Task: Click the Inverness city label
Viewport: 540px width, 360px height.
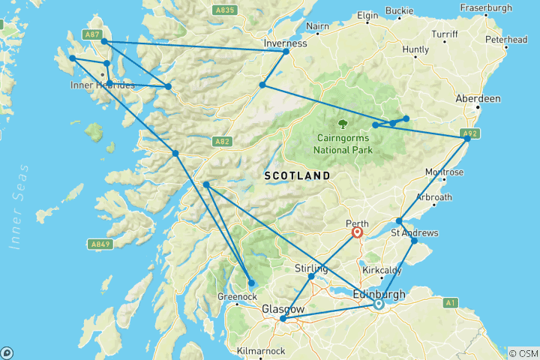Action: [x=286, y=43]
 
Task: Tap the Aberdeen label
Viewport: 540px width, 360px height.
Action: [x=478, y=99]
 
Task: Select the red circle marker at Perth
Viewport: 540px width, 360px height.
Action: [x=358, y=232]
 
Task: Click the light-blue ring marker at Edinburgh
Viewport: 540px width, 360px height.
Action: [x=379, y=304]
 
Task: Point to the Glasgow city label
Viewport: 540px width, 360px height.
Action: [x=283, y=309]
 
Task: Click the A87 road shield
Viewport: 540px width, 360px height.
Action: [x=91, y=34]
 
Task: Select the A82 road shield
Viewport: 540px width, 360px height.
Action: [x=221, y=140]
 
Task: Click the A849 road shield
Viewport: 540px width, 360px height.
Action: [x=101, y=244]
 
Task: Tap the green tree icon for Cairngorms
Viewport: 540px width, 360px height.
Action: [x=343, y=124]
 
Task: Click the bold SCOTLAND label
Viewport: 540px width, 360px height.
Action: [x=297, y=175]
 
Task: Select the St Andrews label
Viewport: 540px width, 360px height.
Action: [x=414, y=233]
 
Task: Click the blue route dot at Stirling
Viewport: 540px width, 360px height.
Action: [x=311, y=277]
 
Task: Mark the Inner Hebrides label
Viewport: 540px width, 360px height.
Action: [x=103, y=85]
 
